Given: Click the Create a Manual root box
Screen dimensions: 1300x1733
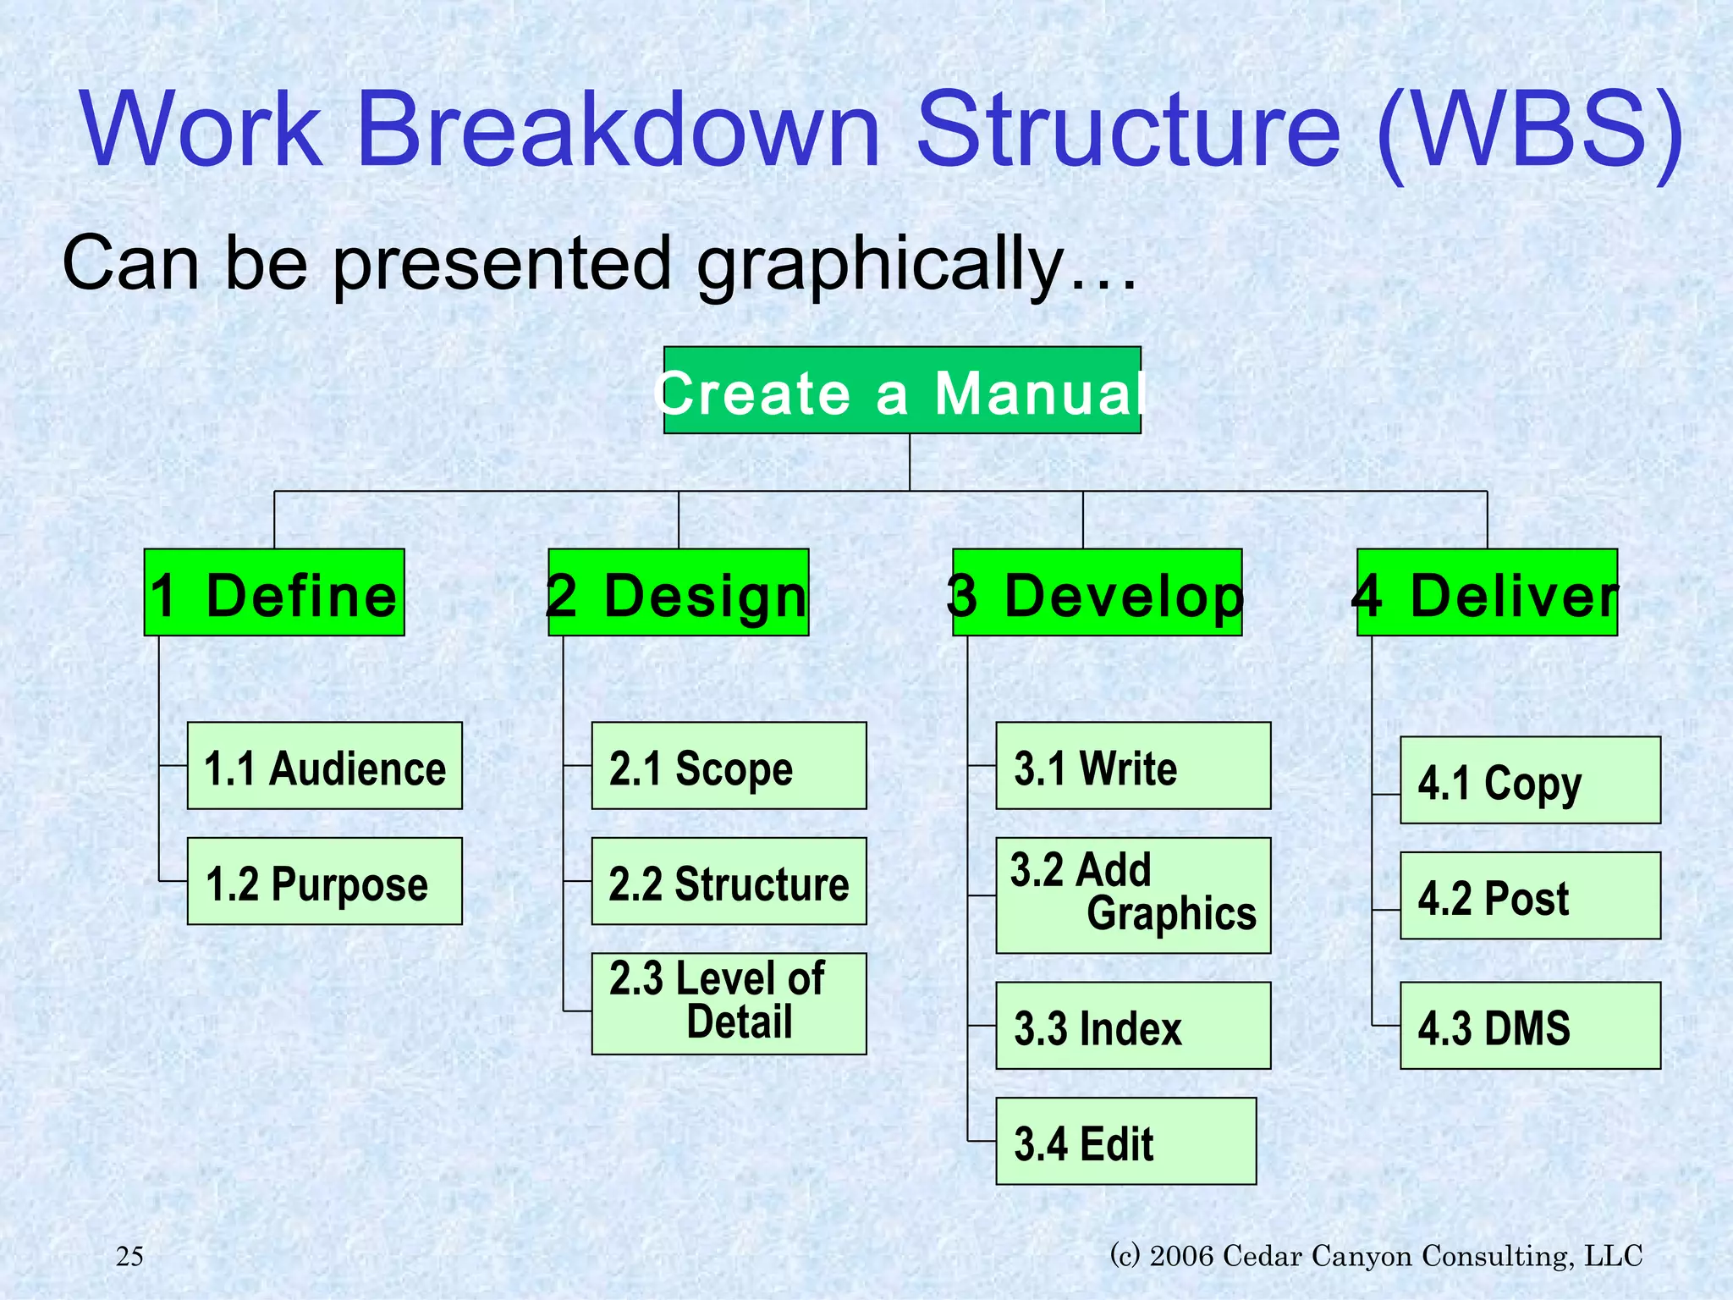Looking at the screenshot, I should tap(902, 391).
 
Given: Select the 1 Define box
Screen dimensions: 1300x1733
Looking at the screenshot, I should tap(274, 592).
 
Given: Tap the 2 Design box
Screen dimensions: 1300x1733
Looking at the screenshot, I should tap(679, 592).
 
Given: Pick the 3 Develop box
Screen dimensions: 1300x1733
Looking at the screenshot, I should tap(1097, 592).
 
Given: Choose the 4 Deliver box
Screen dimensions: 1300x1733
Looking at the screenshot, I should tap(1487, 592).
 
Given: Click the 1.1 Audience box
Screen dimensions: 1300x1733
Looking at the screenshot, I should tap(325, 766).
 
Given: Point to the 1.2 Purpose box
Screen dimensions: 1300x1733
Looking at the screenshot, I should tap(325, 881).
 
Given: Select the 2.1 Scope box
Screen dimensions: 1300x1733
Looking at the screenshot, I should tap(729, 766).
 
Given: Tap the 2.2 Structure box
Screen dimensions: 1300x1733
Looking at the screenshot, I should tap(729, 881).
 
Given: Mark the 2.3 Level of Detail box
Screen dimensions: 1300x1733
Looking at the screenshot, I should tap(729, 1004).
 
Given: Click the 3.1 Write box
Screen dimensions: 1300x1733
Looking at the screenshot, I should tap(1133, 766).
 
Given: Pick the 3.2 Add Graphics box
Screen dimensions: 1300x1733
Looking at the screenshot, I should tap(1133, 895).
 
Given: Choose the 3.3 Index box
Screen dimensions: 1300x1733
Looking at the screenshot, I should tap(1133, 1026).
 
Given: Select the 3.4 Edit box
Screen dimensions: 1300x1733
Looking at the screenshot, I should tap(1126, 1141).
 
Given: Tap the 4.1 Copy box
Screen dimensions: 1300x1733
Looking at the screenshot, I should tap(1530, 780).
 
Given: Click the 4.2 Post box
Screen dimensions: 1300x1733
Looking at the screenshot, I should tap(1530, 895).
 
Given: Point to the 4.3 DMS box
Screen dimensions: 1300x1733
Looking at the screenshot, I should tap(1530, 1026).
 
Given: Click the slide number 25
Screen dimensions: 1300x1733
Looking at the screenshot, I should tap(129, 1256).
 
